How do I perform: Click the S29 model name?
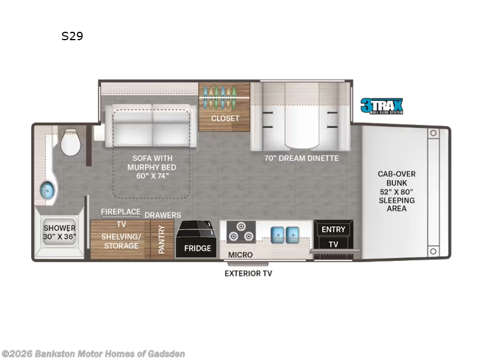click(x=72, y=36)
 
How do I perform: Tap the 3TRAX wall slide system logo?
click(x=382, y=106)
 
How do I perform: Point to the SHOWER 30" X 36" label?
click(x=59, y=232)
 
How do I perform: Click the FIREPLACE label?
click(x=121, y=212)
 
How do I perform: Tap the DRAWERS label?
click(x=163, y=215)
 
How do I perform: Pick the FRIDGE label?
click(x=197, y=248)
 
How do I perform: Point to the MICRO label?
click(x=240, y=255)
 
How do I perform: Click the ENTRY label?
click(x=334, y=229)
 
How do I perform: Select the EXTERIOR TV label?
click(x=248, y=274)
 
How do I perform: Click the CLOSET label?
click(x=225, y=118)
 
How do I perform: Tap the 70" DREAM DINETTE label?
click(x=302, y=158)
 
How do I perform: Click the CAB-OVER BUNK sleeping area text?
click(x=397, y=191)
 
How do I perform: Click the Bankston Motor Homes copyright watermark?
click(x=93, y=353)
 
